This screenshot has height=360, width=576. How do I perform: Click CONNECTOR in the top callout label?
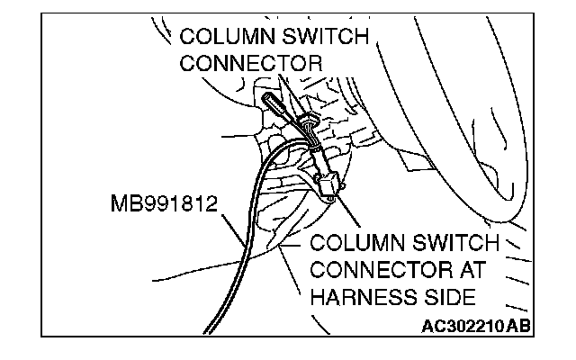point(251,64)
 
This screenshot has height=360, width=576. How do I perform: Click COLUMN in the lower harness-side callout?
point(355,244)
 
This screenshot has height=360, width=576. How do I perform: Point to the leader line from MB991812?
point(232,225)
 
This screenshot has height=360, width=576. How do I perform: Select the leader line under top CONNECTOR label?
point(287,90)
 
